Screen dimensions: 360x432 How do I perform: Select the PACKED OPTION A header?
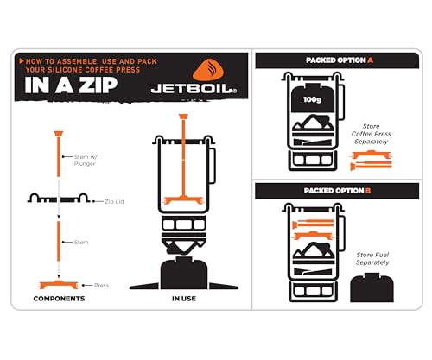pos(338,61)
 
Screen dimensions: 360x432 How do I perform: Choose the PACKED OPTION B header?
pos(338,190)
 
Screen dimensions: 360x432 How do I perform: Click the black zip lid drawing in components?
pos(60,200)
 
